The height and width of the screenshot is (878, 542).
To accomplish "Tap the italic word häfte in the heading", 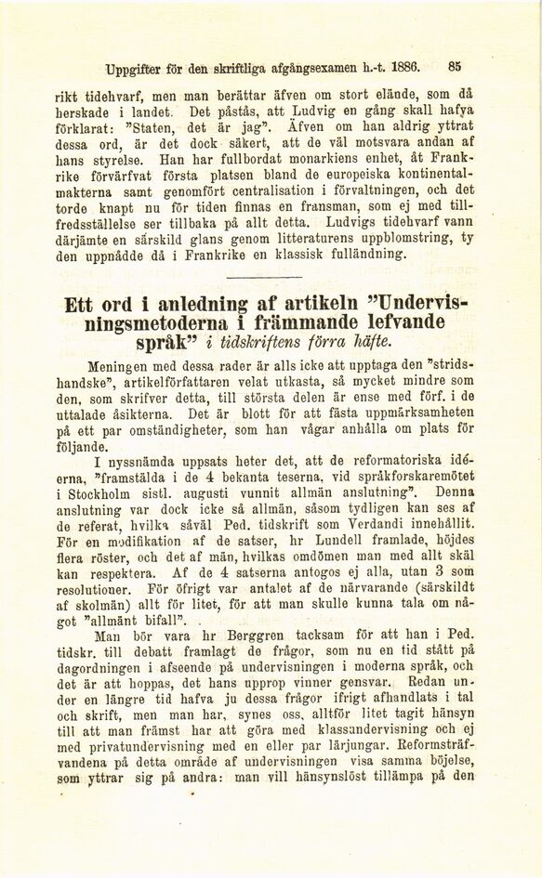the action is pyautogui.click(x=344, y=348).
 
